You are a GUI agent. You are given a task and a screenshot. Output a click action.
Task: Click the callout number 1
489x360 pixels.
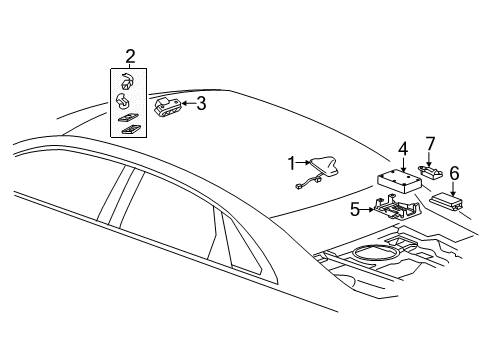click(291, 161)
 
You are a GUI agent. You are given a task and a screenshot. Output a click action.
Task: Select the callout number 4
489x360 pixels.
click(403, 149)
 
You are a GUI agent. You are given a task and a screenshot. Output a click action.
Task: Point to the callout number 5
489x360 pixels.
click(353, 209)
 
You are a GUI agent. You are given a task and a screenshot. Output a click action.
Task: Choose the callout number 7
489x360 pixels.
click(431, 143)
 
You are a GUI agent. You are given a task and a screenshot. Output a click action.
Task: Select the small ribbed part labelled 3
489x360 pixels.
click(167, 106)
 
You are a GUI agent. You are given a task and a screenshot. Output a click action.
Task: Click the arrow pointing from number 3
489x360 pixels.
click(187, 102)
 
